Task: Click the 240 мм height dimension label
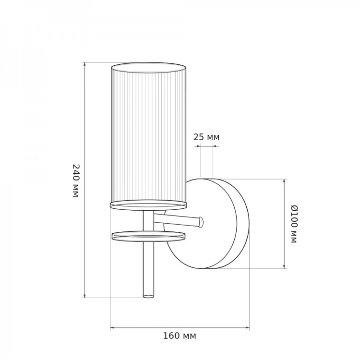coord(76,180)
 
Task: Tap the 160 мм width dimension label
coord(180,336)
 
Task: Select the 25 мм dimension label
coord(206,137)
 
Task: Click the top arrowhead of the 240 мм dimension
coord(84,64)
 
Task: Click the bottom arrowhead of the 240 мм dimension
coord(84,296)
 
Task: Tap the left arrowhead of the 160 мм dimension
coord(112,328)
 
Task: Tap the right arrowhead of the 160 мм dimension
coord(247,328)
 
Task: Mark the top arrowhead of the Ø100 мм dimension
coord(284,181)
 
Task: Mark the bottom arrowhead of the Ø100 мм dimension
coord(284,266)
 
